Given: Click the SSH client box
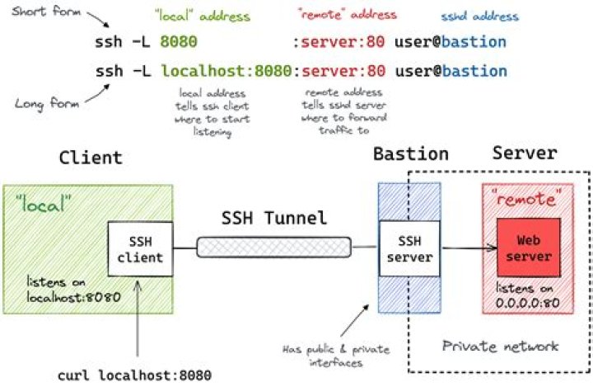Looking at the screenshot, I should tap(140, 248).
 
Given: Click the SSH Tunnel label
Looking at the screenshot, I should tap(274, 219).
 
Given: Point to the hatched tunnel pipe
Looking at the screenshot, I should tap(274, 246).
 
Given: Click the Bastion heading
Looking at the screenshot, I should tap(410, 154).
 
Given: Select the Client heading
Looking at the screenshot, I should tap(91, 158).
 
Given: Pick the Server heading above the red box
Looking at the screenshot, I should tap(525, 153).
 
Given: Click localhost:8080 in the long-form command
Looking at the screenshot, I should tap(226, 71).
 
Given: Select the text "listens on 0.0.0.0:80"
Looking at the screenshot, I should tap(527, 294).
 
